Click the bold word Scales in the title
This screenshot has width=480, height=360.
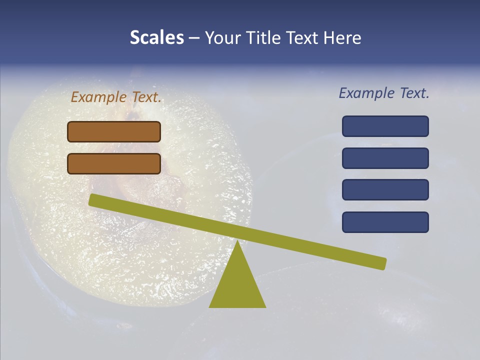pyautogui.click(x=156, y=37)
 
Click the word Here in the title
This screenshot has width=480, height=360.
pyautogui.click(x=342, y=37)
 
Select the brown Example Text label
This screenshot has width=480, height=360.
pyautogui.click(x=116, y=97)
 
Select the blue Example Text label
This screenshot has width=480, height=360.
pyautogui.click(x=384, y=93)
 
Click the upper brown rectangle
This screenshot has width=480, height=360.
pyautogui.click(x=114, y=131)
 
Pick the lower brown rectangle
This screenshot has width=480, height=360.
pyautogui.click(x=114, y=163)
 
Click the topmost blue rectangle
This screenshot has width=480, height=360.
pyautogui.click(x=385, y=126)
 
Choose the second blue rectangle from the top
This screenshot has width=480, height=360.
pyautogui.click(x=385, y=158)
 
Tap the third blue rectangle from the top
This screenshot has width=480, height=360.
pyautogui.click(x=385, y=190)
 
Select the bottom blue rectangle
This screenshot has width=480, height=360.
pyautogui.click(x=385, y=222)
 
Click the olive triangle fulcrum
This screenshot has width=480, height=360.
pyautogui.click(x=237, y=285)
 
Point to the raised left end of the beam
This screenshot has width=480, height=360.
pyautogui.click(x=93, y=200)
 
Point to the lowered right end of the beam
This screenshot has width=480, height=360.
pyautogui.click(x=382, y=263)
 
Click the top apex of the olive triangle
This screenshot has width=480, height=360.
pyautogui.click(x=237, y=242)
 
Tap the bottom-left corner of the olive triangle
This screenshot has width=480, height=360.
pyautogui.click(x=210, y=306)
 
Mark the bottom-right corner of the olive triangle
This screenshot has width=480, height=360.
pyautogui.click(x=265, y=306)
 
